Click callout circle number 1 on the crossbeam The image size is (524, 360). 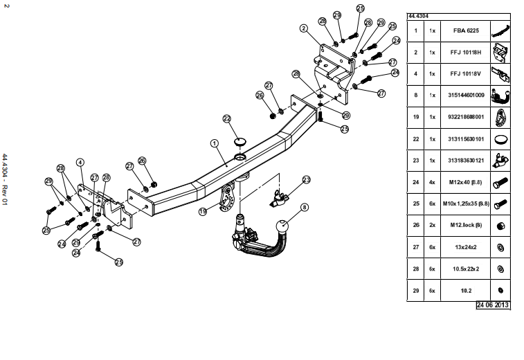215,143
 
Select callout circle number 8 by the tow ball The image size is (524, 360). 304,206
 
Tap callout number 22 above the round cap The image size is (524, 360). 226,118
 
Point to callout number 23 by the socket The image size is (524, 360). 307,179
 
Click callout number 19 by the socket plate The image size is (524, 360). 203,212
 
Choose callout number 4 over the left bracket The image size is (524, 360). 80,163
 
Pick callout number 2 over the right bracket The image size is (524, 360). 303,28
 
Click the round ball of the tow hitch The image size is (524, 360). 284,228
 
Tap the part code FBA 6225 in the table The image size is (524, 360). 464,31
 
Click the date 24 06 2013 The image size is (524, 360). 492,305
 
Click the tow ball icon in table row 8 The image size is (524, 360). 499,96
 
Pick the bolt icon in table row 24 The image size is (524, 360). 499,184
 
